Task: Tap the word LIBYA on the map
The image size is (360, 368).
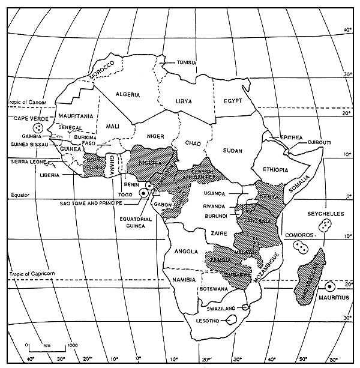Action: point(184,101)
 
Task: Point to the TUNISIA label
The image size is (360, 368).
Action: point(187,62)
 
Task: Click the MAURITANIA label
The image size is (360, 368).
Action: point(76,115)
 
